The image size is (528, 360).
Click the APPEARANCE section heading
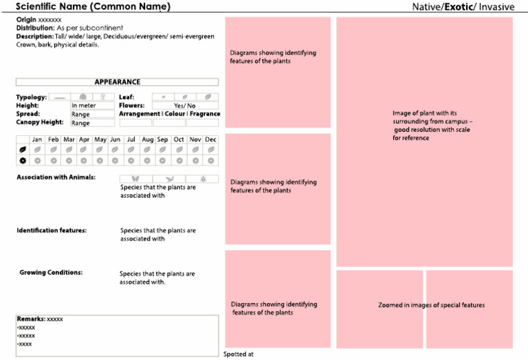117,82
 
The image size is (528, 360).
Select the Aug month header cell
147,139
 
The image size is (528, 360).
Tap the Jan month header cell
37,139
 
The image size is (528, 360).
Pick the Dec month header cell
210,139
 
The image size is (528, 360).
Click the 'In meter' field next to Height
92,106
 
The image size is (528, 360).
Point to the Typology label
32,98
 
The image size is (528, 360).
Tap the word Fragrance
205,114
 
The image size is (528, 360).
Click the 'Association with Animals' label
56,177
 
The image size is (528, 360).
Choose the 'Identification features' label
52,231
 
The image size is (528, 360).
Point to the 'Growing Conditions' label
51,273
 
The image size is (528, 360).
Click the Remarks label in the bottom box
31,319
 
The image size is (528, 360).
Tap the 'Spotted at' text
239,355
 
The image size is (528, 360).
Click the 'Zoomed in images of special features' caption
431,305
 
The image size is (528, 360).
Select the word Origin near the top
26,20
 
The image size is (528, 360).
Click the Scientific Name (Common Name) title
93,7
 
